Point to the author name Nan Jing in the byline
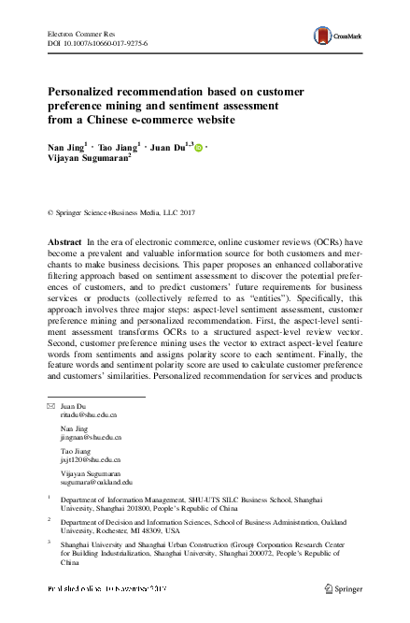(x=64, y=148)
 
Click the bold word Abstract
(x=64, y=242)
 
